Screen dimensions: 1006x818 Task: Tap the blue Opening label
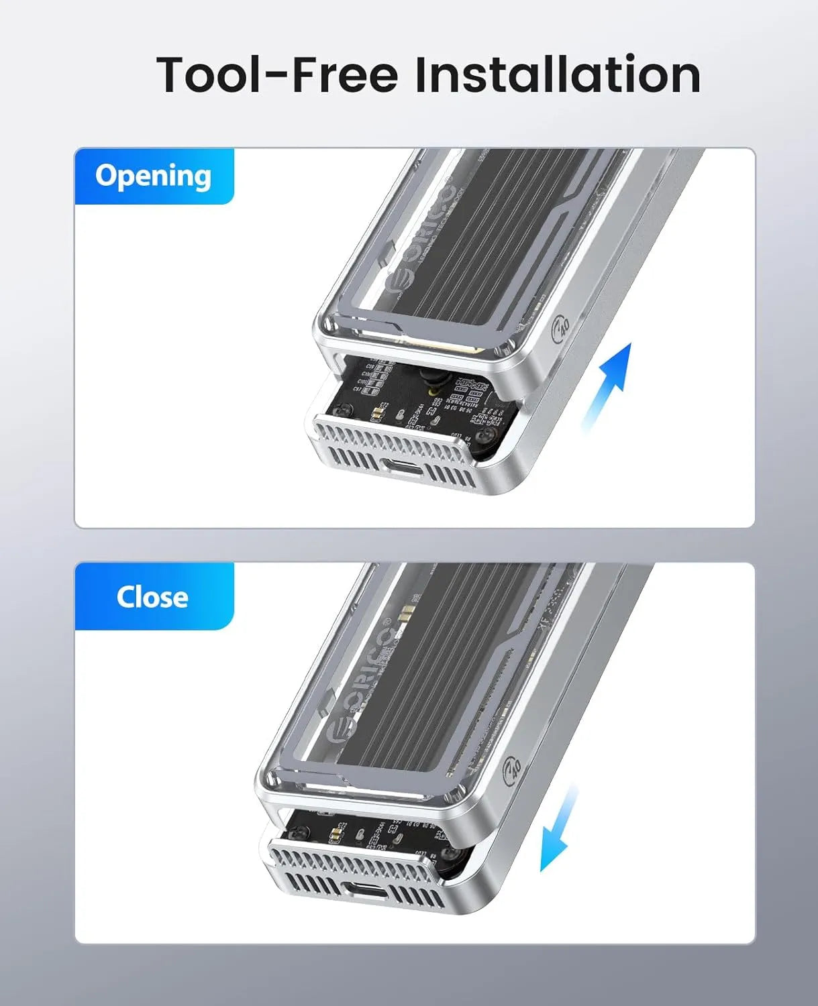pyautogui.click(x=154, y=176)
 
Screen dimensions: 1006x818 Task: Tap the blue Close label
pyautogui.click(x=152, y=597)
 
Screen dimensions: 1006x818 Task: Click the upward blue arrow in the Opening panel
pyautogui.click(x=611, y=382)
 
